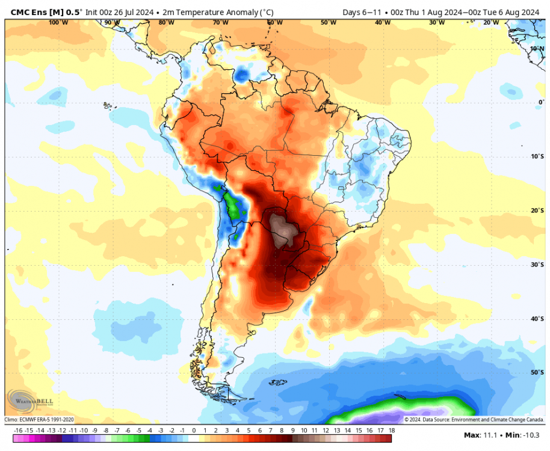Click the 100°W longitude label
[58, 23]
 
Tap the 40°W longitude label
[382, 23]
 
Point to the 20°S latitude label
[537, 210]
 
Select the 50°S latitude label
[537, 373]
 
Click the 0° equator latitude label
[540, 102]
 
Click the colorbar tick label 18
[391, 431]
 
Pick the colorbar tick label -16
[18, 431]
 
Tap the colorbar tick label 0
[194, 431]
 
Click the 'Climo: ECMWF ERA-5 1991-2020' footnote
[40, 420]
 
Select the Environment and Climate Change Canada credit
[474, 420]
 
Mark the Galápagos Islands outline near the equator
[108, 106]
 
